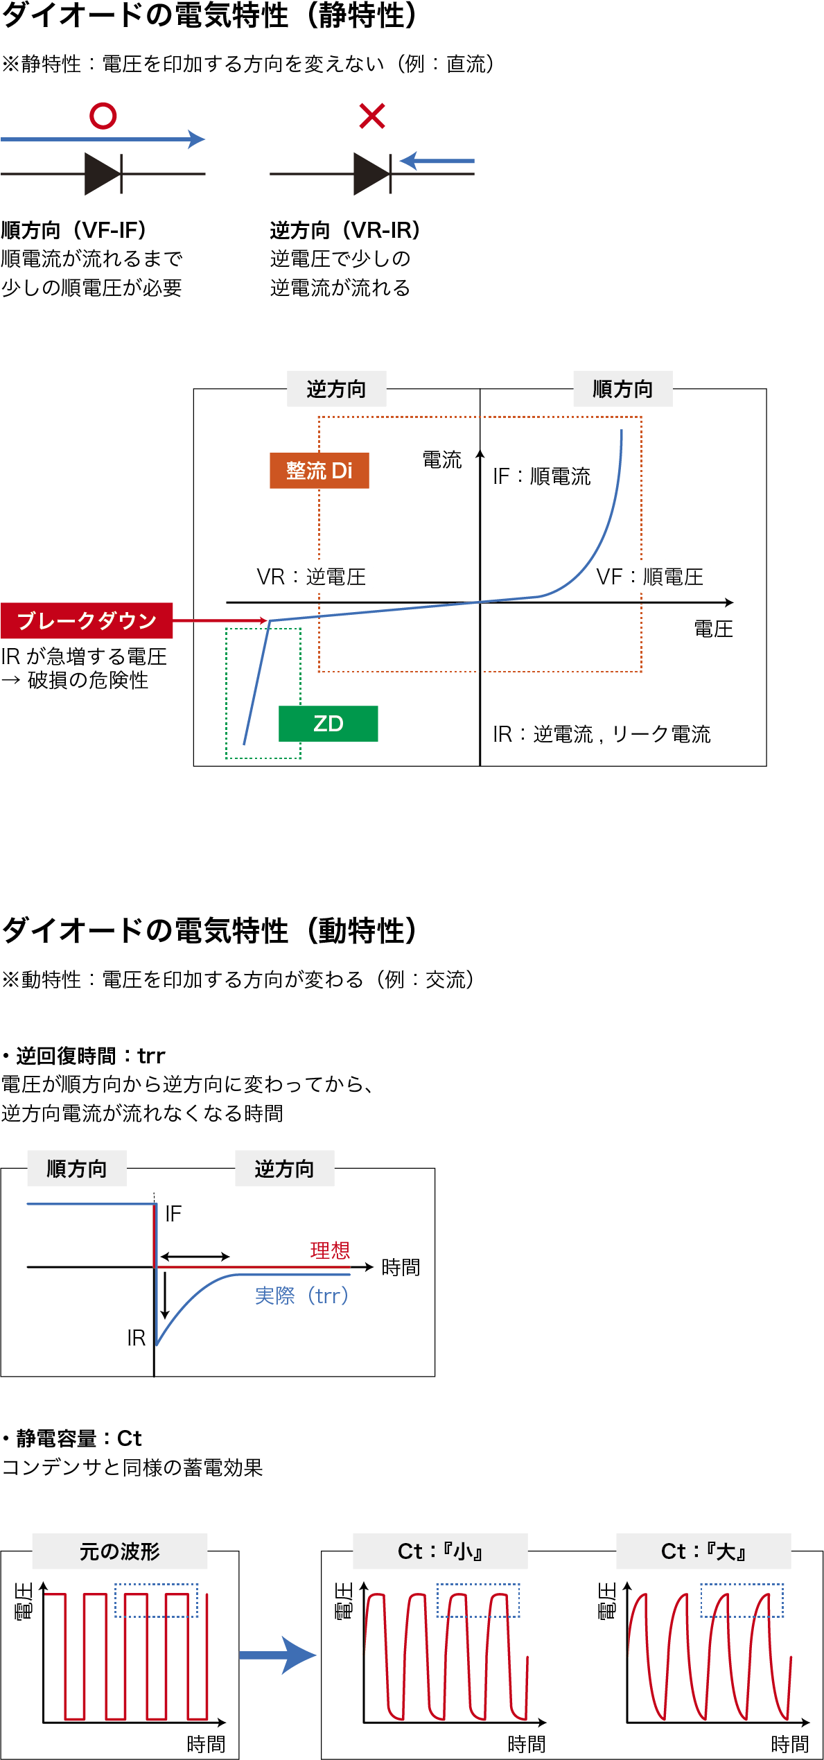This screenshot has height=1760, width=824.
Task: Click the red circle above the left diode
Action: click(x=103, y=116)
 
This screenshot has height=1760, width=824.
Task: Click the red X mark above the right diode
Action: click(x=372, y=116)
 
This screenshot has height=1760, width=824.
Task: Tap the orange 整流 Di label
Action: click(x=319, y=471)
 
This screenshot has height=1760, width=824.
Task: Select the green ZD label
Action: click(x=328, y=724)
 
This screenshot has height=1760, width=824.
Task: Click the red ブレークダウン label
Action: click(x=87, y=620)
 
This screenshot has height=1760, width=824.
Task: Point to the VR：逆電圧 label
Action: click(x=311, y=577)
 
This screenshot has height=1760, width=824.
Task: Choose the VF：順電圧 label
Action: click(x=650, y=577)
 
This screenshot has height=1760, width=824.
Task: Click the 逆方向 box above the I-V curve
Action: click(x=336, y=389)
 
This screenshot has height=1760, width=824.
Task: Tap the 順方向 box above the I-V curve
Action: click(x=622, y=389)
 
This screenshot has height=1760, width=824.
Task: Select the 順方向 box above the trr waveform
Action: click(x=76, y=1169)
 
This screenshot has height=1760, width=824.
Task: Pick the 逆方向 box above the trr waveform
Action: click(x=284, y=1169)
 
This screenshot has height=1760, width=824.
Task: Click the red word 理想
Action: click(x=330, y=1251)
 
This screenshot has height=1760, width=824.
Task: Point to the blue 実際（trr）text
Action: click(x=301, y=1296)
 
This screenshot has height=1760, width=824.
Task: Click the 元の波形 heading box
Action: click(x=119, y=1551)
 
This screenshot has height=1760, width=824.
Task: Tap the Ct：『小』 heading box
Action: click(x=440, y=1551)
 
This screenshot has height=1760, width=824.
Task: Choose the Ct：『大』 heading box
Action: click(x=703, y=1551)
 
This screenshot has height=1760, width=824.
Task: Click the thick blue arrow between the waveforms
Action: click(x=278, y=1655)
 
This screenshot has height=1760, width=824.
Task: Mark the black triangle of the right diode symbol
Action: click(x=370, y=173)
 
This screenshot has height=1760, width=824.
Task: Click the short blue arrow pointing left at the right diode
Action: click(x=437, y=161)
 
